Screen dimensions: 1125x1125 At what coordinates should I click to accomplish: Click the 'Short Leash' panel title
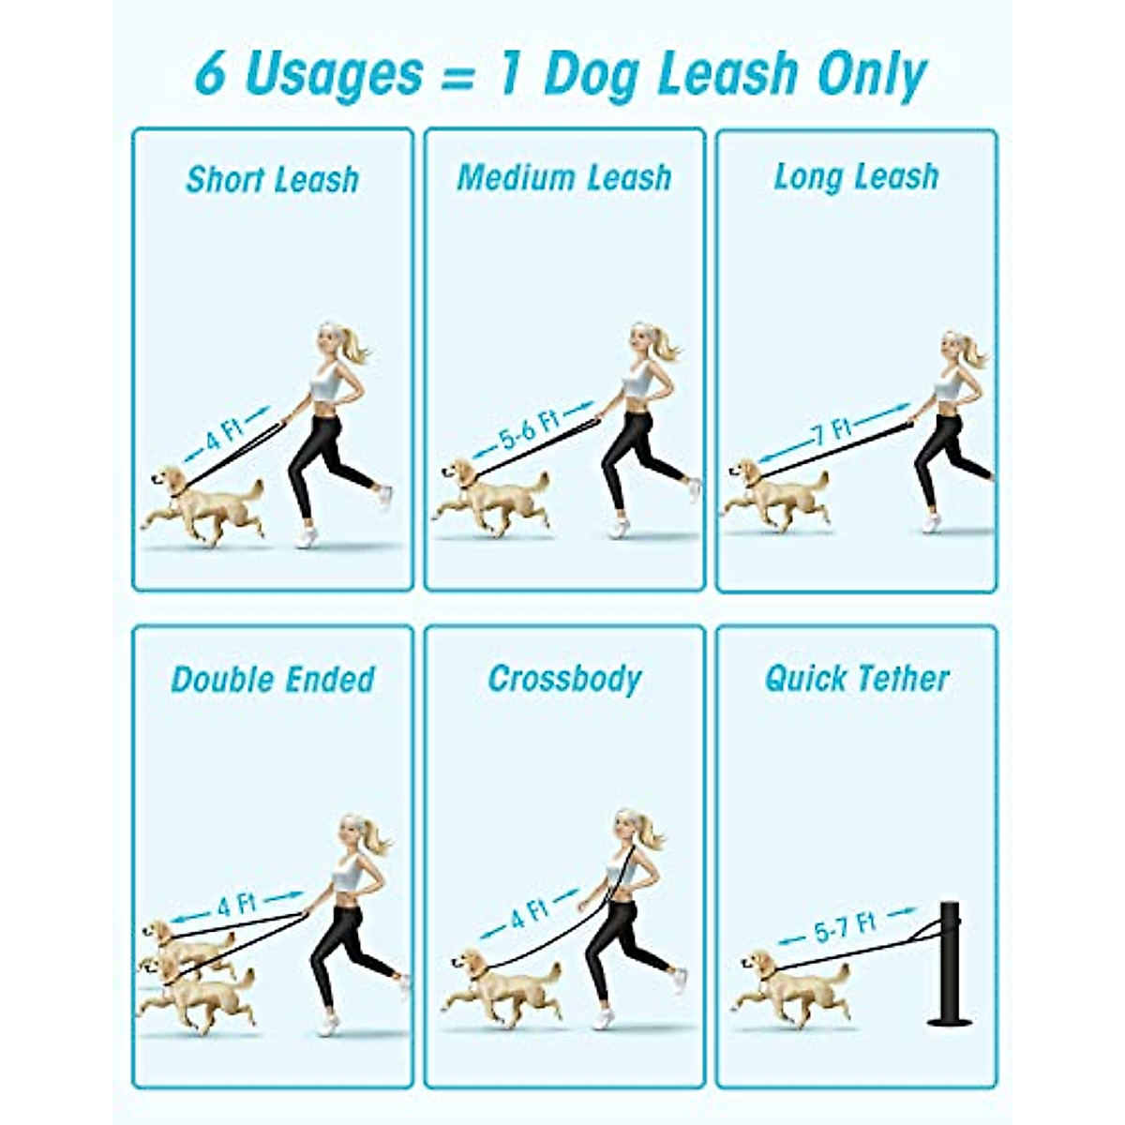pyautogui.click(x=272, y=179)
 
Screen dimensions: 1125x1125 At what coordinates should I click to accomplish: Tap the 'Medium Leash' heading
pyautogui.click(x=563, y=177)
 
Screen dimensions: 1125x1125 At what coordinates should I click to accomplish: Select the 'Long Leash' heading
pyautogui.click(x=856, y=176)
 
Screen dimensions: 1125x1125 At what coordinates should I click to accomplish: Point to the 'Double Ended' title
pyautogui.click(x=272, y=679)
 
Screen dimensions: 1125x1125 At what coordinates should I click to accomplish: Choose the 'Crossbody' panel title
pyautogui.click(x=564, y=679)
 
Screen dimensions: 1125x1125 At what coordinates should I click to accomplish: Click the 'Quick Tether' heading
pyautogui.click(x=857, y=678)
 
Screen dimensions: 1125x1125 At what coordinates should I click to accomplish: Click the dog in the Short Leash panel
pyautogui.click(x=206, y=504)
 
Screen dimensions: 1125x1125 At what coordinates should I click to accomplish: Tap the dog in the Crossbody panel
pyautogui.click(x=502, y=984)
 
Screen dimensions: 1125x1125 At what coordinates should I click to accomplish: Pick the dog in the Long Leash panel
pyautogui.click(x=776, y=495)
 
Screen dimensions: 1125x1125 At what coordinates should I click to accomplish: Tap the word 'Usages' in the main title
pyautogui.click(x=333, y=74)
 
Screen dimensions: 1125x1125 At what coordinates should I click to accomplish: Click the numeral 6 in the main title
pyautogui.click(x=211, y=74)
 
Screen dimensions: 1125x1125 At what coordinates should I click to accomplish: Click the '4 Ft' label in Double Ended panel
pyautogui.click(x=236, y=906)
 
